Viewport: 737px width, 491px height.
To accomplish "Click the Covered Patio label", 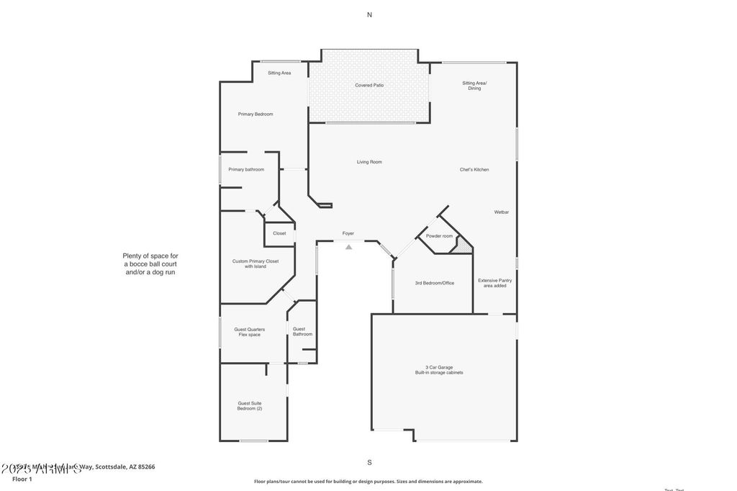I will (x=369, y=86).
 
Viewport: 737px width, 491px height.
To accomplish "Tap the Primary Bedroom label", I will (x=256, y=114).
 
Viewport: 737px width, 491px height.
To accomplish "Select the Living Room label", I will (x=369, y=162).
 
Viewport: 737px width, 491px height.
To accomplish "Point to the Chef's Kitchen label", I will (x=474, y=170).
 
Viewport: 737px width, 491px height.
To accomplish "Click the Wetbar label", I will (x=502, y=212).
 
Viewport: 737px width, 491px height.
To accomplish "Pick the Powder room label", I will (x=439, y=236).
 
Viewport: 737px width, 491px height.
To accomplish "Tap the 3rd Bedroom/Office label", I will (x=434, y=283).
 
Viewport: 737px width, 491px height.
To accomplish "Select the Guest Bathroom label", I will (x=302, y=331).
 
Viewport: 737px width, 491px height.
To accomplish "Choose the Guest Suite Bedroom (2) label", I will (x=250, y=406).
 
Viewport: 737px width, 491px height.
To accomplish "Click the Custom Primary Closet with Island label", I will (x=256, y=263).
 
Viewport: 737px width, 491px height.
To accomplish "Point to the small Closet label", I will (x=279, y=233).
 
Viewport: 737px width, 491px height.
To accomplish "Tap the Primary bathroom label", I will (x=246, y=170).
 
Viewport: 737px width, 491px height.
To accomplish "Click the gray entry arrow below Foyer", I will (x=349, y=247).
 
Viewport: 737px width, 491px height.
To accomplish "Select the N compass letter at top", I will (x=369, y=14).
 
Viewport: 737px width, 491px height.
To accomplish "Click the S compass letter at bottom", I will (x=369, y=462).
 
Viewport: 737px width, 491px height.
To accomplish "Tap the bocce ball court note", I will (x=150, y=263).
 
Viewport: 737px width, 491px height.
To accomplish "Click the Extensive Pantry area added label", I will (x=495, y=283).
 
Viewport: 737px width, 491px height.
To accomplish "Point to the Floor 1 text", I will (x=22, y=479).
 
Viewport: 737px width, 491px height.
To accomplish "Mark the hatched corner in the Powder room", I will (x=464, y=247).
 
